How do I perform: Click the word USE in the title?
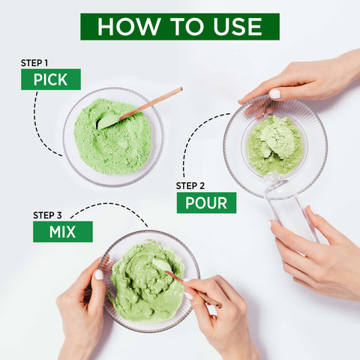click(238, 26)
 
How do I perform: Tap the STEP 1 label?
click(34, 63)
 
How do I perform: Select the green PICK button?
click(51, 79)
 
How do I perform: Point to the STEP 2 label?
click(190, 186)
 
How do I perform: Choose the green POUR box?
click(206, 202)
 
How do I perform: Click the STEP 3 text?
click(47, 215)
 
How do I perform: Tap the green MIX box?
click(63, 232)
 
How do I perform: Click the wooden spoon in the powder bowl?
click(140, 108)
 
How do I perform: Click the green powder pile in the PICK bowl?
click(112, 136)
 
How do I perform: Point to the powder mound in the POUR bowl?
click(275, 145)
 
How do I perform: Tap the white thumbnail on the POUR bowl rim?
click(274, 94)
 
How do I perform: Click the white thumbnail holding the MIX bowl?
click(99, 274)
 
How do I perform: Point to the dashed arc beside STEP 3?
click(110, 205)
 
